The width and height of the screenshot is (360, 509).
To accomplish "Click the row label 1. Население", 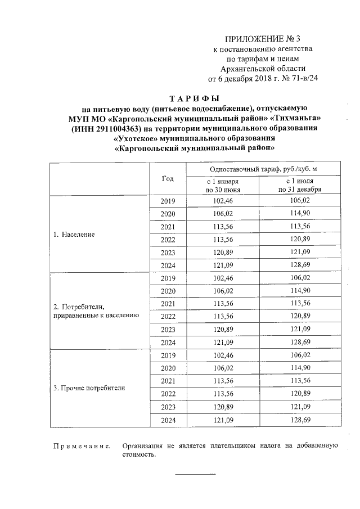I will (74, 233).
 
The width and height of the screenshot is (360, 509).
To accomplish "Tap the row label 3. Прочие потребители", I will (89, 388).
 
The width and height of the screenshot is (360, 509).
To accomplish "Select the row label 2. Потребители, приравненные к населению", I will (96, 311).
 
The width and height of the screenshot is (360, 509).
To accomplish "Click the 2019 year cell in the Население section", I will (168, 201).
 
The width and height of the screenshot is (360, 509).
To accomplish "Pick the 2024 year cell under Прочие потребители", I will (168, 420).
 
